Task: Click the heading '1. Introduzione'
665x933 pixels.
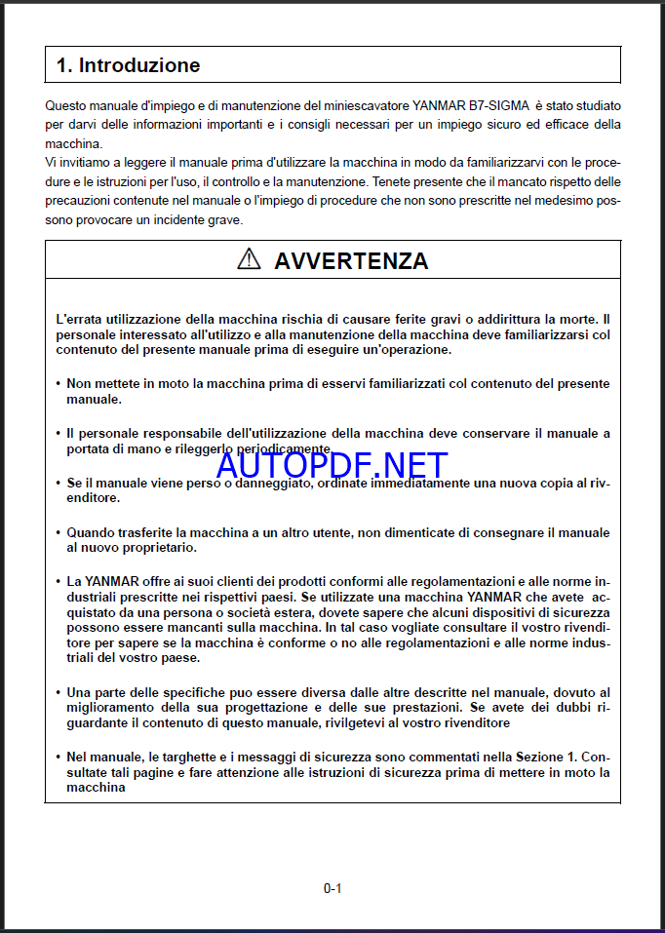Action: pyautogui.click(x=128, y=66)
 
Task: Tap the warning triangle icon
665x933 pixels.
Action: pyautogui.click(x=250, y=259)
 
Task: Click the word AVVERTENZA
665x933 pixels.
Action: pyautogui.click(x=351, y=260)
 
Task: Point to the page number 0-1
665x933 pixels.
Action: pyautogui.click(x=332, y=888)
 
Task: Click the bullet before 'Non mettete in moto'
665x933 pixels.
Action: pyautogui.click(x=58, y=384)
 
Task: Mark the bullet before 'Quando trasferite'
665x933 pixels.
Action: pyautogui.click(x=58, y=533)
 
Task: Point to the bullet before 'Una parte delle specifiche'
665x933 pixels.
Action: pyautogui.click(x=58, y=692)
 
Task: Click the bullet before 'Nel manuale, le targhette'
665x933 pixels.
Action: pyautogui.click(x=58, y=757)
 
